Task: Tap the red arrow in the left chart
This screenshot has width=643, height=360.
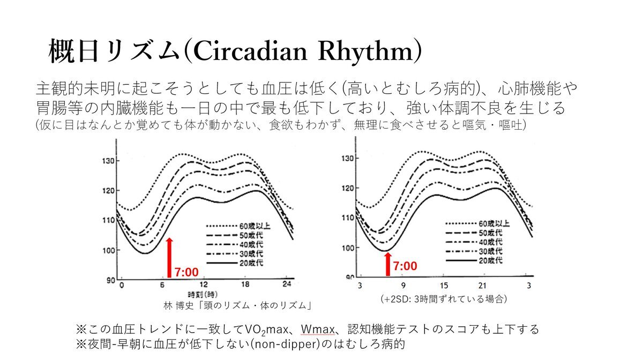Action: click(170, 257)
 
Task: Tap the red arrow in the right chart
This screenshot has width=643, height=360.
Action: click(387, 264)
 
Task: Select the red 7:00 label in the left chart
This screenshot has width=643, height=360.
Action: click(187, 273)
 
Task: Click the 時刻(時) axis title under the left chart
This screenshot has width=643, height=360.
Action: click(202, 295)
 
